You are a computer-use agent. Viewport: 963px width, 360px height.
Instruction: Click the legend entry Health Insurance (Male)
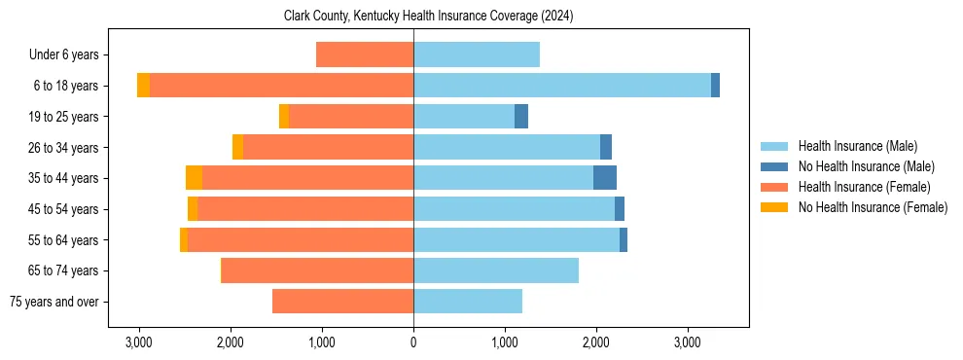coord(857,146)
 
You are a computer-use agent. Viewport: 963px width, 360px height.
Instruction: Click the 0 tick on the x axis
coord(413,342)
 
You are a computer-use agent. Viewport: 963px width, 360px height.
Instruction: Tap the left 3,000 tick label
coord(139,342)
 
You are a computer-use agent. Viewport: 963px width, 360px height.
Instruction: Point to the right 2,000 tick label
coord(596,342)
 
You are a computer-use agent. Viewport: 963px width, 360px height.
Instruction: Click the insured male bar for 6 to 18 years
coord(562,86)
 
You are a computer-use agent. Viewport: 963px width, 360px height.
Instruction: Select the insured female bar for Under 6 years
coord(365,54)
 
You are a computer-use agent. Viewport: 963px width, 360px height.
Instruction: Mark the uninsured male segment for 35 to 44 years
coord(605,178)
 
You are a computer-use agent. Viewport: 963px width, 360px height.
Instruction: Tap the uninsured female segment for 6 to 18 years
coord(143,86)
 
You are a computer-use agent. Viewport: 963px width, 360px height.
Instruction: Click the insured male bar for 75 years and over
coord(468,302)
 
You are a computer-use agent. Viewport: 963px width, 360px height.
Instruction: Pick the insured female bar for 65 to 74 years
coord(318,270)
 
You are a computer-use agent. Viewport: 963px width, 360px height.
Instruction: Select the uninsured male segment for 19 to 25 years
coord(521,117)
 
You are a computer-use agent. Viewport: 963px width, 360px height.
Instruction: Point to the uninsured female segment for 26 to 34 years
coord(237,147)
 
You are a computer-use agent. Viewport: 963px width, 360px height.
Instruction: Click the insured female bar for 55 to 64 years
coord(301,239)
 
